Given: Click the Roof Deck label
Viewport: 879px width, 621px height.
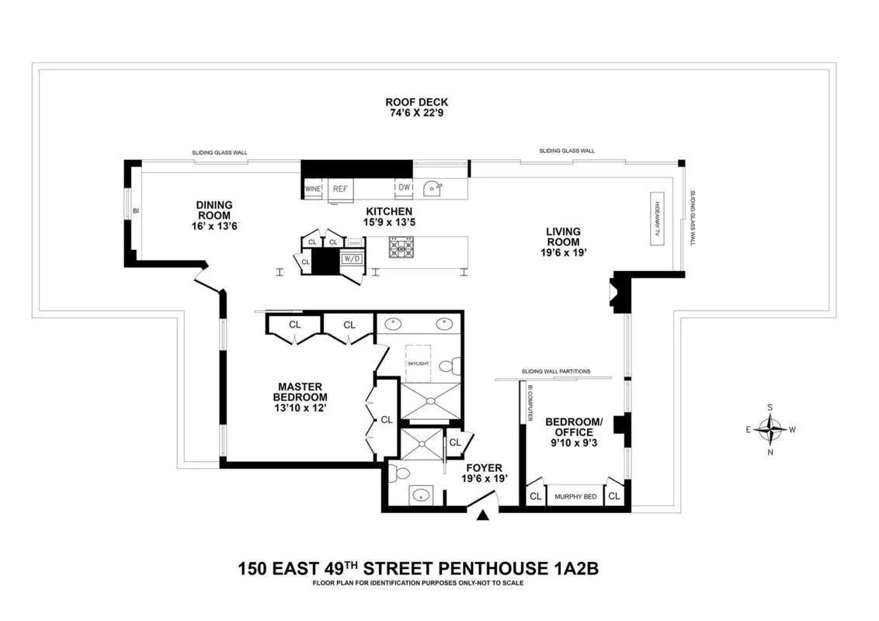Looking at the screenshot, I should click(x=416, y=102).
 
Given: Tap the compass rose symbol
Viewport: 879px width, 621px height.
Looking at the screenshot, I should click(x=770, y=429).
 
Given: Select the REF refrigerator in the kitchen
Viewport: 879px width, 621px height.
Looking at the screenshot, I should click(x=340, y=189).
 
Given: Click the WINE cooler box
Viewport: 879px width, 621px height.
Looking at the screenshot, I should click(x=313, y=189).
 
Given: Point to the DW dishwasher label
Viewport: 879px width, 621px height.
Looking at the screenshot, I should click(x=404, y=188).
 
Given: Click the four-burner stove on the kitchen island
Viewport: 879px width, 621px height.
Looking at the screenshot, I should click(x=403, y=248).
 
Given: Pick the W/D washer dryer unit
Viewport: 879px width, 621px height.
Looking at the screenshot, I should click(x=352, y=258).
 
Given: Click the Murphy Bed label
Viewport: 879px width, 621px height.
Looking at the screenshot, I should click(x=575, y=496).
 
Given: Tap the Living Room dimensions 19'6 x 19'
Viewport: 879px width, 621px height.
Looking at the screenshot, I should click(x=563, y=253).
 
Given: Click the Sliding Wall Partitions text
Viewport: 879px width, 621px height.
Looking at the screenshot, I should click(x=556, y=371).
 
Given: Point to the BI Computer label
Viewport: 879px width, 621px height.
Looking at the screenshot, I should click(x=530, y=403).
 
